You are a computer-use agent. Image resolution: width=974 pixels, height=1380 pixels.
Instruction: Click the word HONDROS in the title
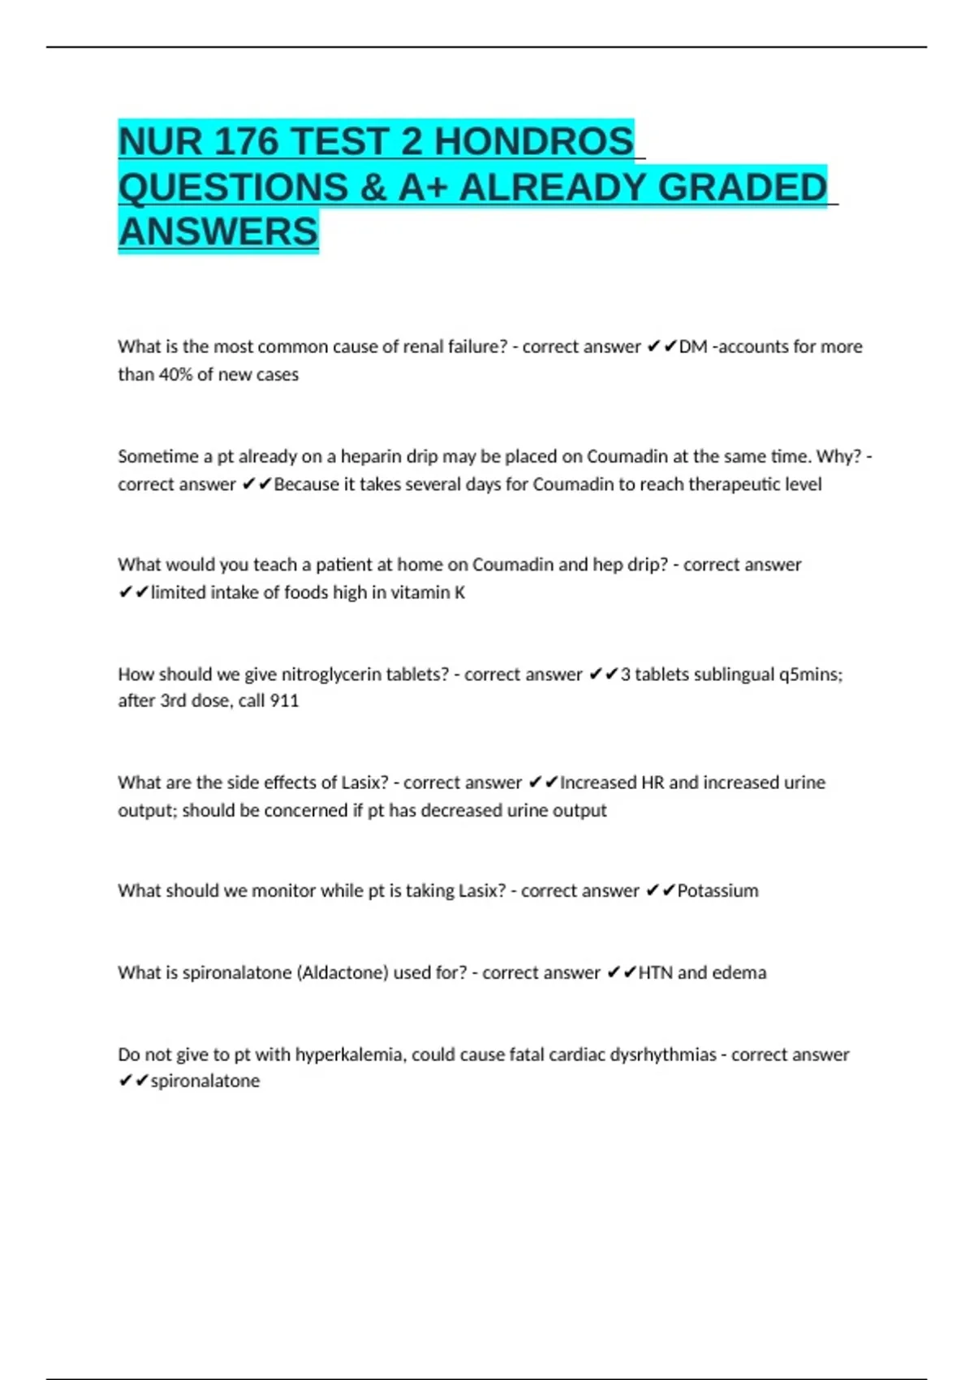point(534,142)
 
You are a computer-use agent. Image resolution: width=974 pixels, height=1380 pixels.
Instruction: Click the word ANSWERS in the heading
point(218,232)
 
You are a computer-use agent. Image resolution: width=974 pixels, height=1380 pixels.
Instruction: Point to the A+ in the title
point(423,188)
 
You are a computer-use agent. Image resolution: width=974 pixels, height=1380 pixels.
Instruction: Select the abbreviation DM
point(692,347)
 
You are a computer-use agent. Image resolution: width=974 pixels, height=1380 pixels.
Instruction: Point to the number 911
point(284,701)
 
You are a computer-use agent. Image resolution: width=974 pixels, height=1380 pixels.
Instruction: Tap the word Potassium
point(718,891)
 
